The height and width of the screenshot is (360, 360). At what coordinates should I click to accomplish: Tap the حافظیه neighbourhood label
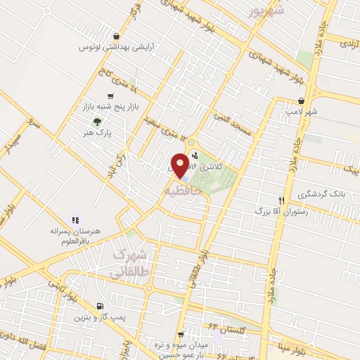tap(184, 190)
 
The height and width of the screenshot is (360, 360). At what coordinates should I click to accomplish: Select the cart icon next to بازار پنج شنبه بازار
tap(110, 96)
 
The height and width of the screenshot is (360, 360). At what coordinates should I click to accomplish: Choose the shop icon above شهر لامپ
tap(301, 101)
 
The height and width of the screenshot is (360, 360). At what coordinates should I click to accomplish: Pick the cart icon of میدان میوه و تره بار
tap(181, 334)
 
